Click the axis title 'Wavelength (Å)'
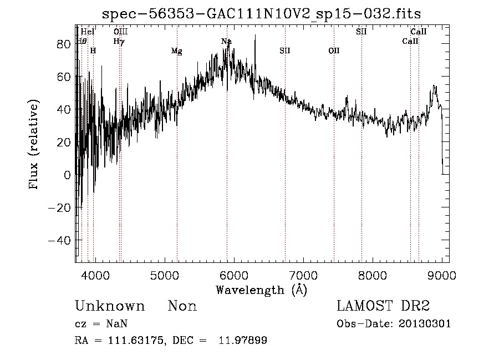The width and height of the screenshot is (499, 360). click(x=261, y=290)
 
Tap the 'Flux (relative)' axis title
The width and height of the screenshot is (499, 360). click(x=34, y=145)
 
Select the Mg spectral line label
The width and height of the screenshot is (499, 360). click(x=176, y=52)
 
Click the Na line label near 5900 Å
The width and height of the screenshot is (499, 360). click(x=226, y=42)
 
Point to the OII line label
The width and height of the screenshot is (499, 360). click(x=334, y=51)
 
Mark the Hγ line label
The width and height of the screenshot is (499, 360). click(x=119, y=41)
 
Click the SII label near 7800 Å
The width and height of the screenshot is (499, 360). click(x=361, y=32)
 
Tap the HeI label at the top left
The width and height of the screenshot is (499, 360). click(x=88, y=32)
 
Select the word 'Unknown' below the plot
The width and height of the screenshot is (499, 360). click(x=110, y=306)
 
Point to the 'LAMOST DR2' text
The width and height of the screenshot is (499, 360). click(x=383, y=306)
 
